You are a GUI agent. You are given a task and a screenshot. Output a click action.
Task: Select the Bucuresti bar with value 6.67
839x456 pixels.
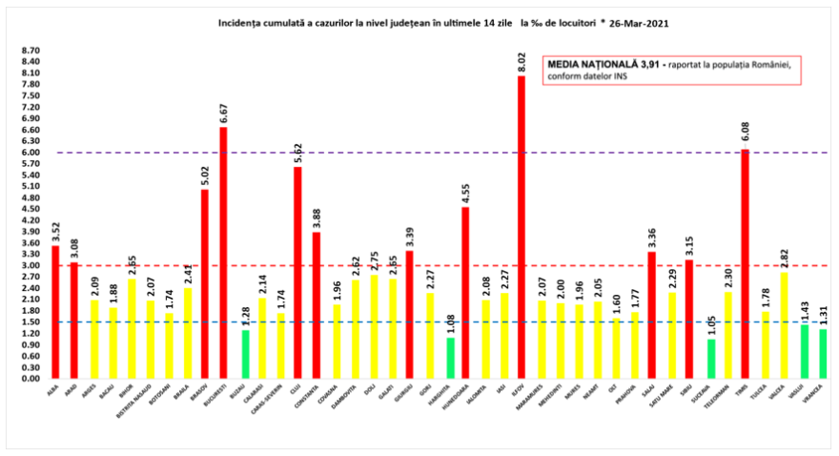tap(223, 253)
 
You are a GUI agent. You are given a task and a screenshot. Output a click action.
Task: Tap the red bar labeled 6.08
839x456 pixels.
tap(745, 263)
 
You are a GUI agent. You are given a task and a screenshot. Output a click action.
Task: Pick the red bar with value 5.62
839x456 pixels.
tap(297, 272)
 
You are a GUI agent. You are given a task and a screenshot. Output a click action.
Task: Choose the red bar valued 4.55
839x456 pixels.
tap(465, 292)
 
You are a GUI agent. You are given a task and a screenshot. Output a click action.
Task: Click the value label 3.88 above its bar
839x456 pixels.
tap(316, 215)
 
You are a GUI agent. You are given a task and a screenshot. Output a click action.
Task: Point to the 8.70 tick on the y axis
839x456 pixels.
tap(30, 51)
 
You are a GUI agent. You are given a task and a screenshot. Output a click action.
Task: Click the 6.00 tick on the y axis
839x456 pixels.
tap(30, 153)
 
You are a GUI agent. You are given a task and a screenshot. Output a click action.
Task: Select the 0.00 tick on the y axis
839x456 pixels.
tap(30, 378)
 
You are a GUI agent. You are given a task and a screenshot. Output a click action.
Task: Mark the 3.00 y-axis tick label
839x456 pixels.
tap(30, 265)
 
